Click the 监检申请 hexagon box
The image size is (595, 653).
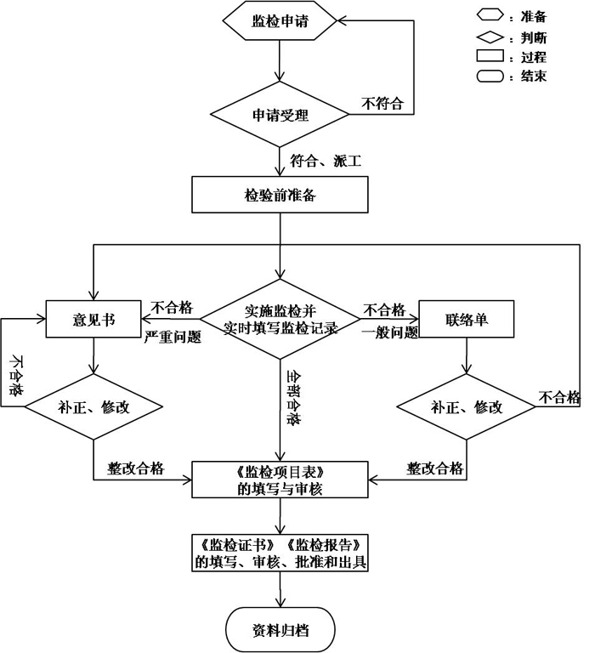[x=280, y=21]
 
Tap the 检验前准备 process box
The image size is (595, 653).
[x=280, y=195]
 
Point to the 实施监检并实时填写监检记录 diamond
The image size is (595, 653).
[x=280, y=320]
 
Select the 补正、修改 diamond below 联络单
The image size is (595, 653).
[x=467, y=406]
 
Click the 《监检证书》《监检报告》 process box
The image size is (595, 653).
[x=280, y=553]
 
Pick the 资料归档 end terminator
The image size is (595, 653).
[x=280, y=630]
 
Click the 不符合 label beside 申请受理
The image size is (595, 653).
[x=382, y=104]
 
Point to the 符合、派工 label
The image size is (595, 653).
[x=326, y=160]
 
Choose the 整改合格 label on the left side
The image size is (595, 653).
[x=136, y=468]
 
